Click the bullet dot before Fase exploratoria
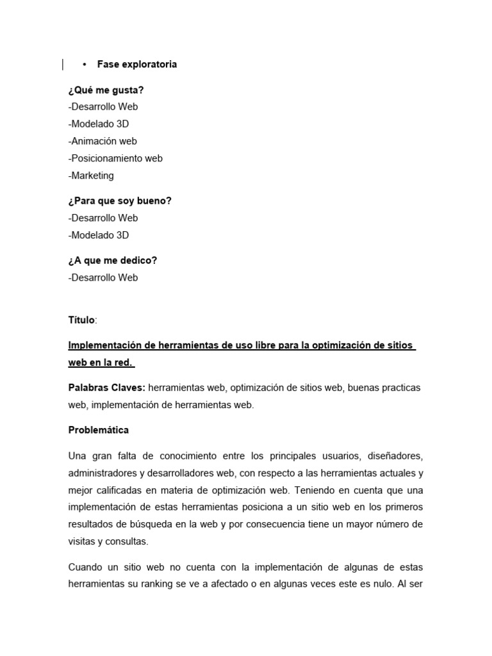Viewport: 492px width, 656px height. [x=85, y=64]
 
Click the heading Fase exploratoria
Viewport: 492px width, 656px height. [x=137, y=64]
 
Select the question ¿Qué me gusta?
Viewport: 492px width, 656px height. [x=106, y=90]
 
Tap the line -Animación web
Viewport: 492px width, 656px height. [x=102, y=141]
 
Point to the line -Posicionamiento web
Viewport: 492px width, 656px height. [x=115, y=158]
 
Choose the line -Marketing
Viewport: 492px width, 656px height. [x=91, y=176]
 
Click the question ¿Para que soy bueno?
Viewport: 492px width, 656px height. [x=120, y=201]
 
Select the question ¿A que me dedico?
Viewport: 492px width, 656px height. [x=113, y=261]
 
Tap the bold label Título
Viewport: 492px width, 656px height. [x=81, y=320]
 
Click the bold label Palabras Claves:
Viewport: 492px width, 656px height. [x=107, y=388]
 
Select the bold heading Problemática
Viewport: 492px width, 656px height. [x=99, y=430]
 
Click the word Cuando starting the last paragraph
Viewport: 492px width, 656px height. [x=86, y=567]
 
